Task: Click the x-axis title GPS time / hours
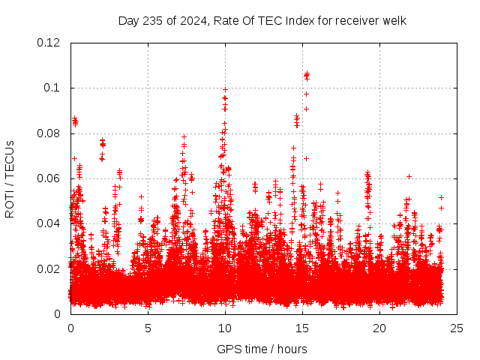[x=262, y=349]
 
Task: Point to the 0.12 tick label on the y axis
[x=49, y=43]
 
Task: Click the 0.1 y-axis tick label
[x=54, y=88]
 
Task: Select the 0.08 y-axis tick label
[x=49, y=133]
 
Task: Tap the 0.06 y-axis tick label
[x=49, y=178]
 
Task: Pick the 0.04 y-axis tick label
[x=49, y=223]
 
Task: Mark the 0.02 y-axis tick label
[x=49, y=268]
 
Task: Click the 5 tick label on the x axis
[x=148, y=328]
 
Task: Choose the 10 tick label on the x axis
[x=225, y=328]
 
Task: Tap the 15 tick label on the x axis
[x=302, y=328]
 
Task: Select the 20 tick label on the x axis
[x=379, y=328]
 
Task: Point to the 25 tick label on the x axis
[x=457, y=328]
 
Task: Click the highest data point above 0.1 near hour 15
[x=306, y=73]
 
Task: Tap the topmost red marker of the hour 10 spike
[x=225, y=89]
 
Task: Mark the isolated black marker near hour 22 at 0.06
[x=409, y=176]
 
